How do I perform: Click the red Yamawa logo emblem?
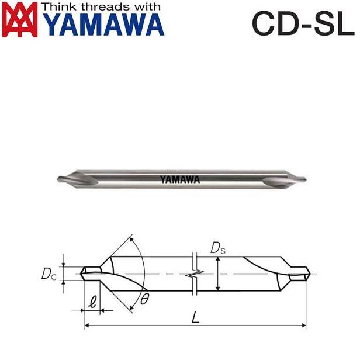(x=20, y=19)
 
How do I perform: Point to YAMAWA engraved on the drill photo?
(x=179, y=180)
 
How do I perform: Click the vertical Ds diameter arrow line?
(x=217, y=274)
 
